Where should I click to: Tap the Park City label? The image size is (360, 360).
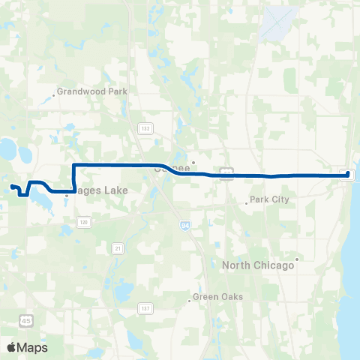point(269,199)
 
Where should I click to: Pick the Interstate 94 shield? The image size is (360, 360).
point(184,223)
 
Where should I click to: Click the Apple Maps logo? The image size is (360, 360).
point(27,347)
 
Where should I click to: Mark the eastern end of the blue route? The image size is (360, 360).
point(348,174)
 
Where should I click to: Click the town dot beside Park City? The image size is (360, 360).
point(246,202)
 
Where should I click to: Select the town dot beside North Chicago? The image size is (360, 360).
point(297,259)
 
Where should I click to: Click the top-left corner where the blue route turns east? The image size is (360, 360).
point(73,165)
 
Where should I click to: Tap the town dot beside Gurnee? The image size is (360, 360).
point(193,161)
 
